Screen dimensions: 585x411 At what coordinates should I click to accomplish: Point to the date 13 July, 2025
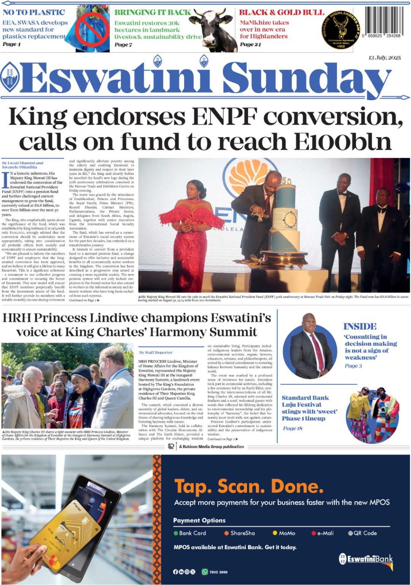point(384,58)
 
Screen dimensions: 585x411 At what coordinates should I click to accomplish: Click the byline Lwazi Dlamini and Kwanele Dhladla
point(23,165)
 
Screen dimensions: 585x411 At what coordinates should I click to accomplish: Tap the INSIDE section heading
point(360,326)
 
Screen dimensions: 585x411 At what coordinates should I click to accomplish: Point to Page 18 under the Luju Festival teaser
point(292,428)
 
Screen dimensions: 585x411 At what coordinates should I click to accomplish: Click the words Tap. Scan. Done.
point(249,486)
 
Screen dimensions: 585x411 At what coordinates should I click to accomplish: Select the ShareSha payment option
point(242,533)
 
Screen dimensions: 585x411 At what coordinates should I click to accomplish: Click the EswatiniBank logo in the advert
point(366,559)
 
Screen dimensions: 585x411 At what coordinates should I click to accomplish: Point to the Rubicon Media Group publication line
point(211,447)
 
